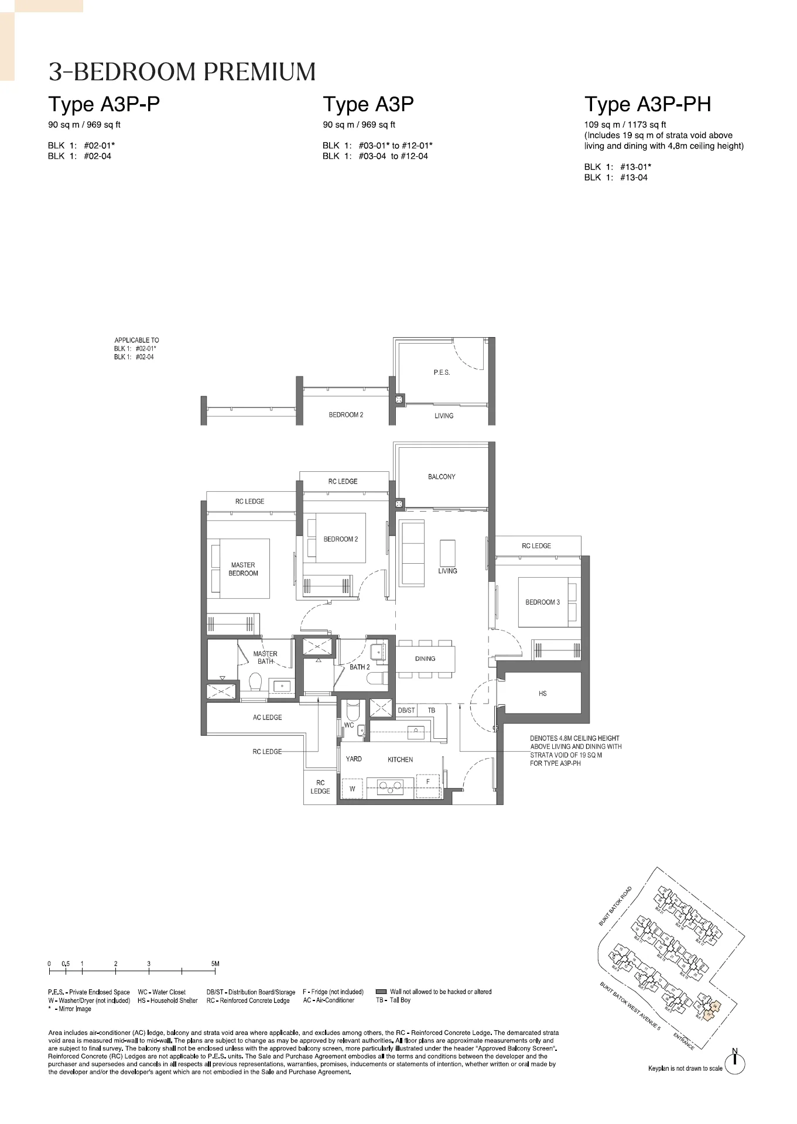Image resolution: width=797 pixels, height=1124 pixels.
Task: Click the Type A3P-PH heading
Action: (647, 104)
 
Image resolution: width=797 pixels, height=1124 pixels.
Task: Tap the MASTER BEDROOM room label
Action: (243, 569)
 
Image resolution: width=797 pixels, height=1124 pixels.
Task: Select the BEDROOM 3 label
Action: (542, 602)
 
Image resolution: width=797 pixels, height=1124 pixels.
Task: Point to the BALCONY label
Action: (442, 477)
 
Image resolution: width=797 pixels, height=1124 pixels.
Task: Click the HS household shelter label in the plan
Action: (542, 693)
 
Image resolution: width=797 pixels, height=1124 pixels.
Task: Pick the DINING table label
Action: (425, 659)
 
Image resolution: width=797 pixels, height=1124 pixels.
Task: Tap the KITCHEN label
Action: (400, 759)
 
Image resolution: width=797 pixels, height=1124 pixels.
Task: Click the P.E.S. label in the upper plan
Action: (442, 372)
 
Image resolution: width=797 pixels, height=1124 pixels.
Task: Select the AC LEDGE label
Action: (267, 717)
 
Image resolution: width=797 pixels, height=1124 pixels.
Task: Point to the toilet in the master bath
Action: (255, 682)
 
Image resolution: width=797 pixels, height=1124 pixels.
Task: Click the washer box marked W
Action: (353, 789)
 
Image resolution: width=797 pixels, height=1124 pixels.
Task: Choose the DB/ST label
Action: (406, 710)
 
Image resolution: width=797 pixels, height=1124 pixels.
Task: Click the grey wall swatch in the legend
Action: (381, 992)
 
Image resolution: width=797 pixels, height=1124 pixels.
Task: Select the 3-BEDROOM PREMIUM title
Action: (182, 72)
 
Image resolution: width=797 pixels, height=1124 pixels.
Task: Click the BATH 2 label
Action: (360, 667)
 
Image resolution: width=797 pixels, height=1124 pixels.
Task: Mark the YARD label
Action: (354, 759)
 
